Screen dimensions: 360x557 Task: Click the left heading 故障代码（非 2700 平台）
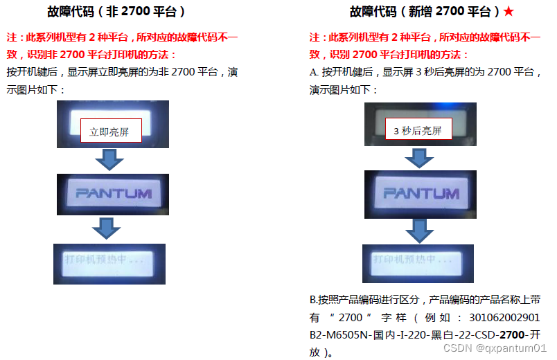[x=116, y=12]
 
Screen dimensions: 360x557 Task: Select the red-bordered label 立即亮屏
[x=111, y=131]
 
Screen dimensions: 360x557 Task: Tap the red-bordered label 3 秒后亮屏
[x=417, y=130]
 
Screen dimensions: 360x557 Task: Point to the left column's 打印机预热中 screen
[x=109, y=263]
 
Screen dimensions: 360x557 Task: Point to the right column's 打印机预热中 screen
[x=417, y=263]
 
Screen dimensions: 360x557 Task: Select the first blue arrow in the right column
[x=418, y=157]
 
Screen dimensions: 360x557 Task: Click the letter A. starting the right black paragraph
[x=314, y=72]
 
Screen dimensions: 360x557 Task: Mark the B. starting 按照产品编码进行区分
[x=313, y=300]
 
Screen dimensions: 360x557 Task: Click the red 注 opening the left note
[x=11, y=37]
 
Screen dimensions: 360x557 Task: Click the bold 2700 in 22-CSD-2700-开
[x=513, y=335]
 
